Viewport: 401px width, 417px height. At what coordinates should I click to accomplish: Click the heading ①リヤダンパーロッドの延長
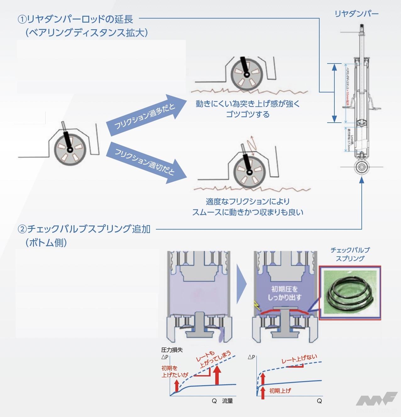(x=75, y=19)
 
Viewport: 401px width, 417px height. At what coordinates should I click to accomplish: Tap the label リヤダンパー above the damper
(x=356, y=14)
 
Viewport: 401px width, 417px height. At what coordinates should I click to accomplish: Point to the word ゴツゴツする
(x=248, y=114)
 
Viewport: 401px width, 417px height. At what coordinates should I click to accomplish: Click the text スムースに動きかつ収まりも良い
(x=248, y=212)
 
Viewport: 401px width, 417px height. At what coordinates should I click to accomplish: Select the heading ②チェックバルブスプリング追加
(x=84, y=229)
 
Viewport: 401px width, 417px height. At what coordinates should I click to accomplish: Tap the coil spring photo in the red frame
(x=349, y=293)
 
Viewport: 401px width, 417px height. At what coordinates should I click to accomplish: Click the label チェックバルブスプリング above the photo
(x=350, y=254)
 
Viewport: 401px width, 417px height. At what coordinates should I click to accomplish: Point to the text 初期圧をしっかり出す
(x=284, y=293)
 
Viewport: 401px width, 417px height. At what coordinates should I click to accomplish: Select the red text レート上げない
(x=299, y=359)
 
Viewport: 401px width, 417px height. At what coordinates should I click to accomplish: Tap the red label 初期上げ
(x=280, y=391)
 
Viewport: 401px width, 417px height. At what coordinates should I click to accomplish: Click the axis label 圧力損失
(x=172, y=350)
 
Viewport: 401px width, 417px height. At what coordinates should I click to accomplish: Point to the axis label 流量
(x=227, y=401)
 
